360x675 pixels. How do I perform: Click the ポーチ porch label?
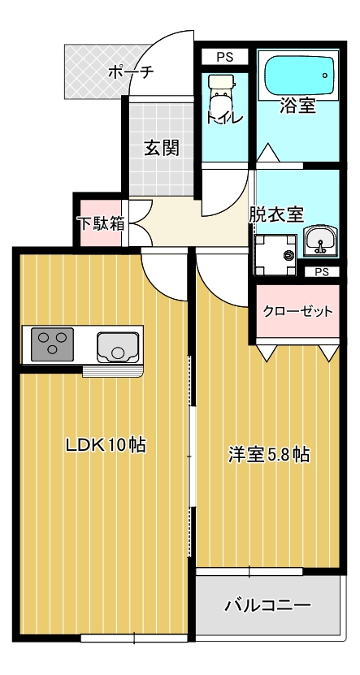coord(130,72)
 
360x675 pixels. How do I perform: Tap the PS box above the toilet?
coord(225,57)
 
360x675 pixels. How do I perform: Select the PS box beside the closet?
coord(322,272)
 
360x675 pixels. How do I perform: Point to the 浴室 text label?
coord(297,106)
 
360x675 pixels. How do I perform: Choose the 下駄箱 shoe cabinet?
coord(101,223)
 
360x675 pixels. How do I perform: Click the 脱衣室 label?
coord(276,214)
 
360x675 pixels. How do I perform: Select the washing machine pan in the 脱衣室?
coord(275,253)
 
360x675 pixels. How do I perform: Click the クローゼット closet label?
coord(297,312)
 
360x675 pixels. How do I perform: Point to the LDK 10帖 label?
coord(106,445)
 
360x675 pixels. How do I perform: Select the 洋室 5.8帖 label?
coord(267,454)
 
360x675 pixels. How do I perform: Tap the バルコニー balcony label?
coord(267,605)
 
